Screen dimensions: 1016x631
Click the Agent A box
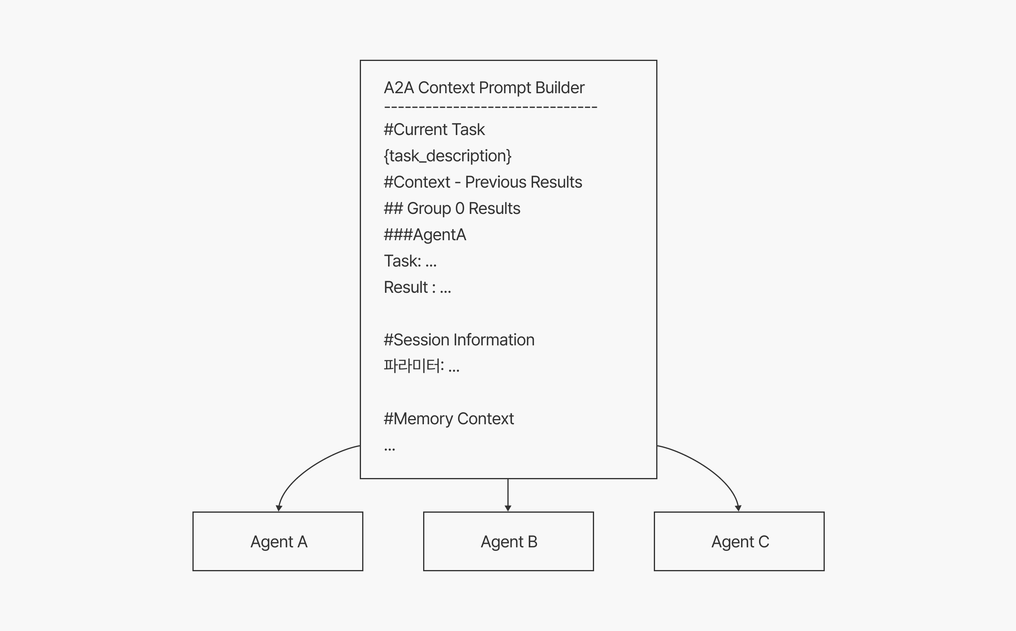coord(278,541)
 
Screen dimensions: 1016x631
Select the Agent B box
coord(508,541)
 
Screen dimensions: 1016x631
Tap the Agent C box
coord(739,541)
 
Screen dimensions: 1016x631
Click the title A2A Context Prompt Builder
coord(484,88)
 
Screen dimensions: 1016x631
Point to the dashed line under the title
coord(490,108)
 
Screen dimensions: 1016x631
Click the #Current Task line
coord(434,129)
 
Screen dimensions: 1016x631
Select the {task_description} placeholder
coord(447,156)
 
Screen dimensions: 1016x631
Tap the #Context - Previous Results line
coord(483,182)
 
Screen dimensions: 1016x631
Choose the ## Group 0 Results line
coord(452,208)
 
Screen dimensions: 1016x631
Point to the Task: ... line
coord(410,261)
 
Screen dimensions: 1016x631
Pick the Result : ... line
coord(418,287)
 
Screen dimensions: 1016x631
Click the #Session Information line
coord(459,340)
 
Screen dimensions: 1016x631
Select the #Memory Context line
coord(449,419)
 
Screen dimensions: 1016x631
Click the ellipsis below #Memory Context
coord(389,449)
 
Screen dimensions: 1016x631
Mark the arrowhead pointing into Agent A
coord(279,508)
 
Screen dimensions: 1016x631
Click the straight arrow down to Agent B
coord(508,495)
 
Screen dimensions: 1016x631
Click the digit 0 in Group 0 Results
coord(459,208)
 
